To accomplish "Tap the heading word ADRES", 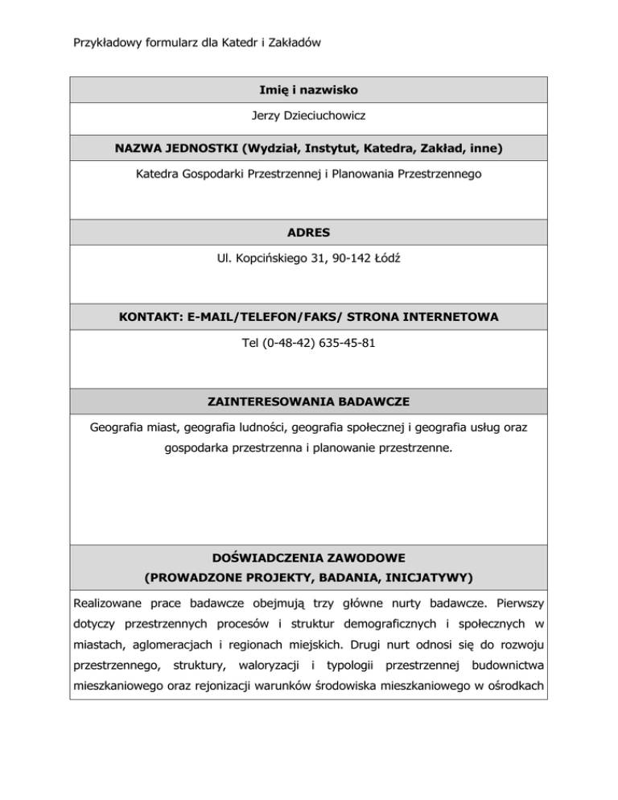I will pos(310,232).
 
